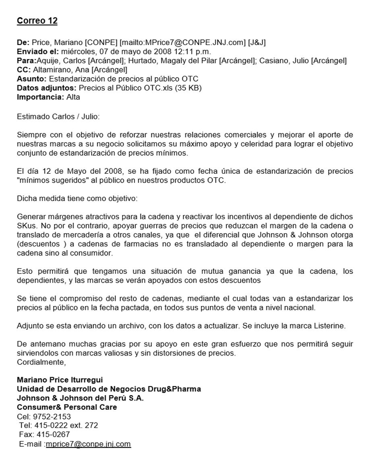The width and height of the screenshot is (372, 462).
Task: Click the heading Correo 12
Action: point(37,21)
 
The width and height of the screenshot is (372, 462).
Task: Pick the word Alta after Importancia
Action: point(73,97)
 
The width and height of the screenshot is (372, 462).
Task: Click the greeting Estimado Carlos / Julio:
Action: point(58,117)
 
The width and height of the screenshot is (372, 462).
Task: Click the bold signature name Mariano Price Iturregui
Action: point(57,380)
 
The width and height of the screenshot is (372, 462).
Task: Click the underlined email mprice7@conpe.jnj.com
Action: point(89,444)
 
